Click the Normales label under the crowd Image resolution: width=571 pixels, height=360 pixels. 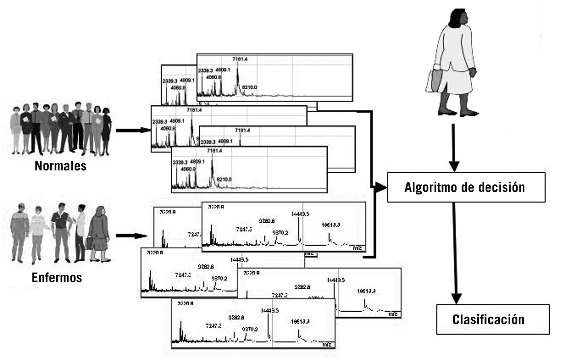click(60, 166)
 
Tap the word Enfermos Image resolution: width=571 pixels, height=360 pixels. click(57, 277)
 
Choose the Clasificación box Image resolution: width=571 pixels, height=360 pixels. click(493, 319)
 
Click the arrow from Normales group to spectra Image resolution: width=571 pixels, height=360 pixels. click(133, 130)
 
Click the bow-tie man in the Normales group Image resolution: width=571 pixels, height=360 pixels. click(35, 127)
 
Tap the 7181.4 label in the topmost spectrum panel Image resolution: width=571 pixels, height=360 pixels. click(240, 59)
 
